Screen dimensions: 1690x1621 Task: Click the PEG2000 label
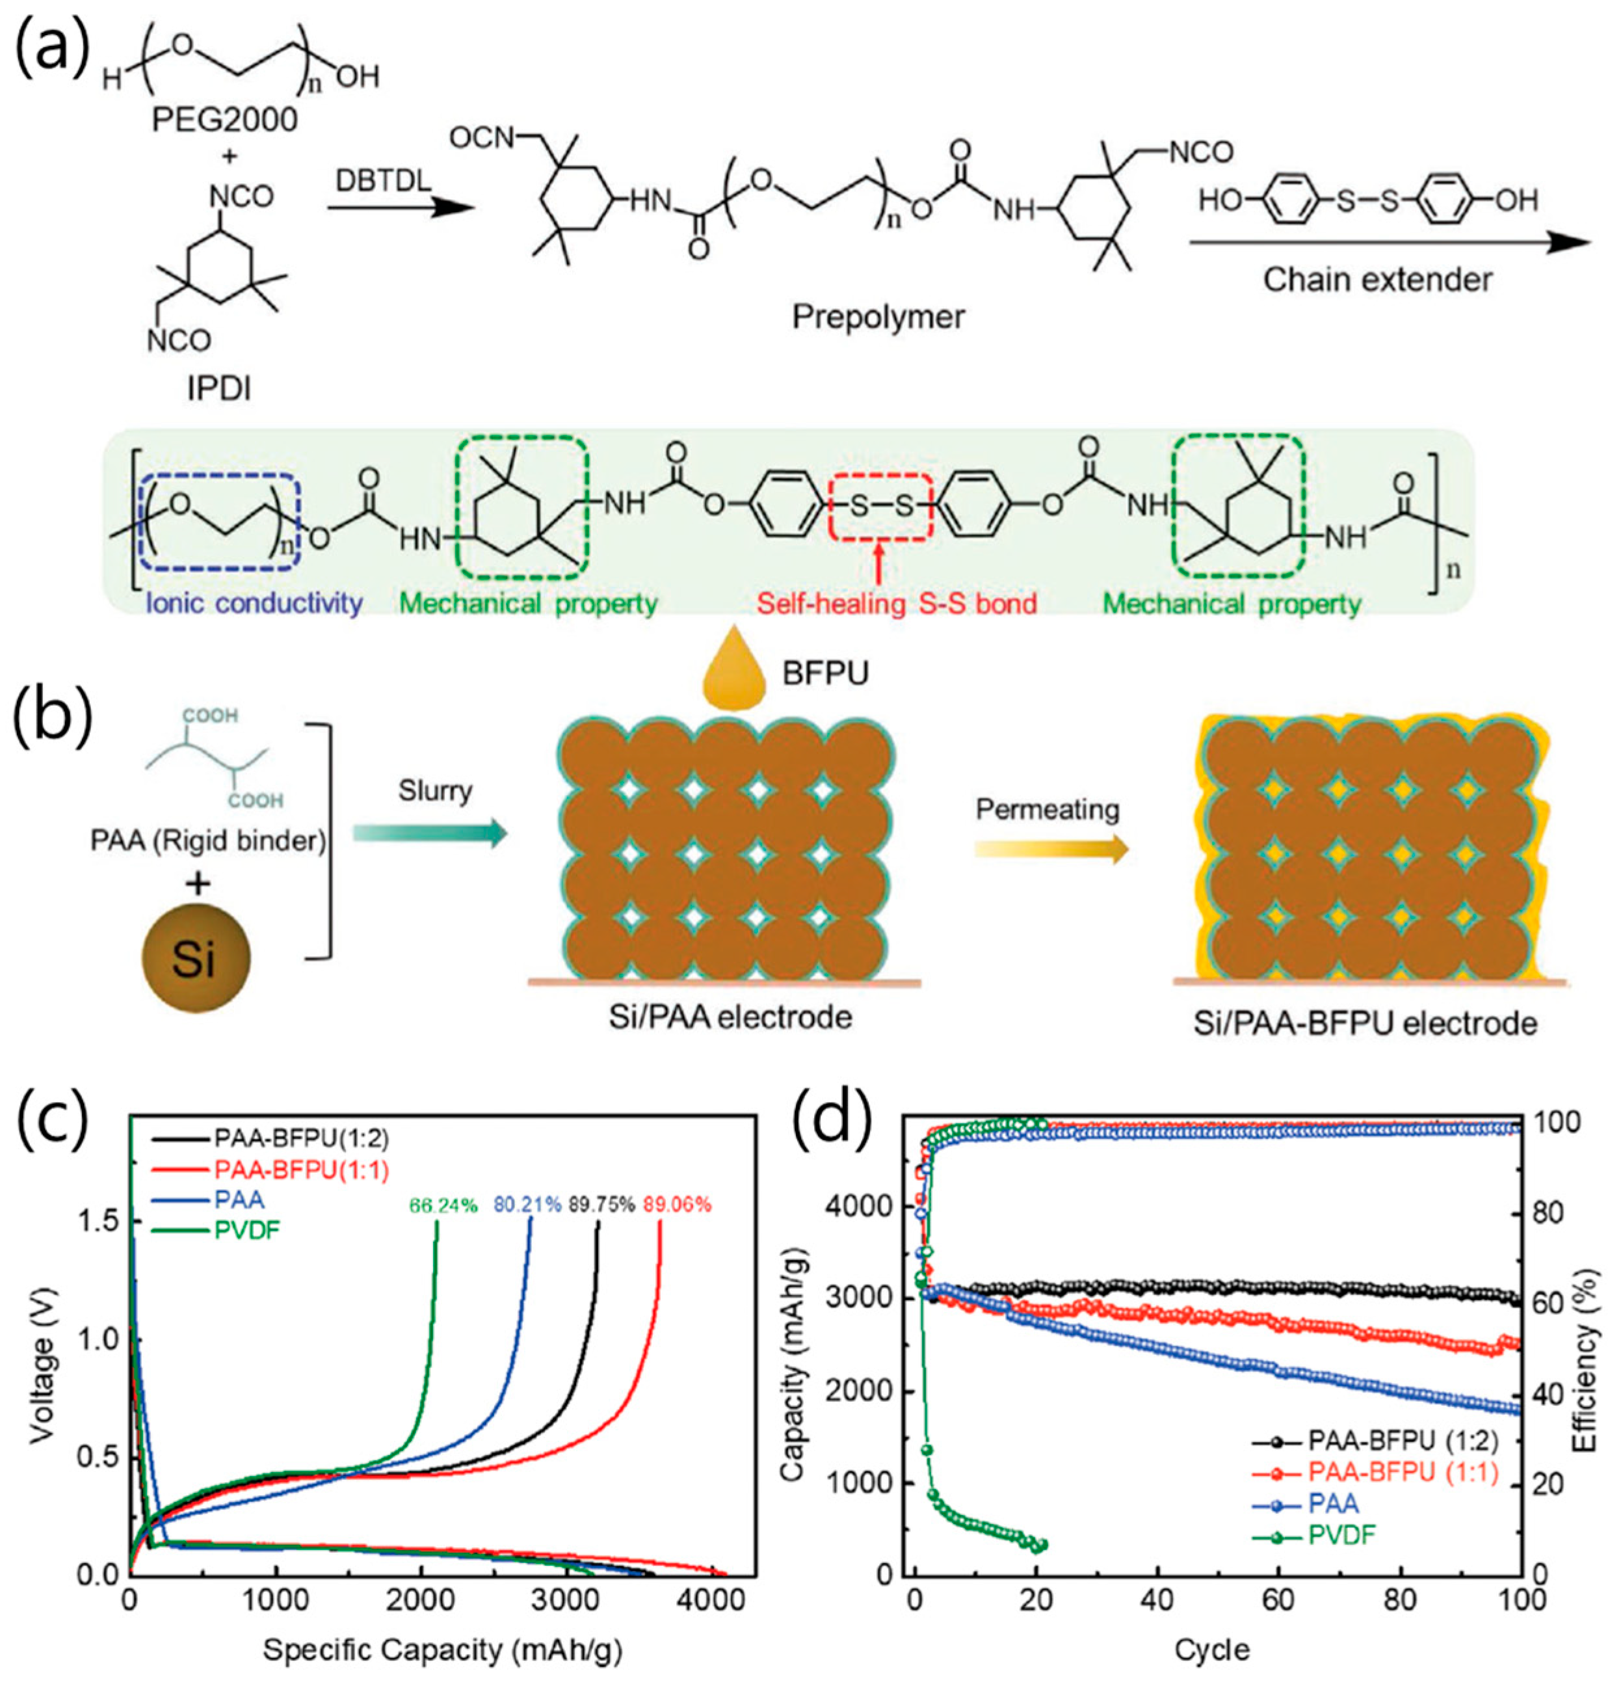click(x=225, y=120)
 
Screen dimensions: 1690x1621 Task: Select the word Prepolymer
click(x=878, y=317)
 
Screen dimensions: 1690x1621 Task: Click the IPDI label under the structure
click(x=220, y=389)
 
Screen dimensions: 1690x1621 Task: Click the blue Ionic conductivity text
click(x=254, y=603)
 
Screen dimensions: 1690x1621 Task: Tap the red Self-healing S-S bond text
click(x=896, y=603)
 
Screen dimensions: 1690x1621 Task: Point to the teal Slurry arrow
click(x=430, y=832)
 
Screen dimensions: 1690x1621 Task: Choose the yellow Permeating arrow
click(x=1051, y=850)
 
